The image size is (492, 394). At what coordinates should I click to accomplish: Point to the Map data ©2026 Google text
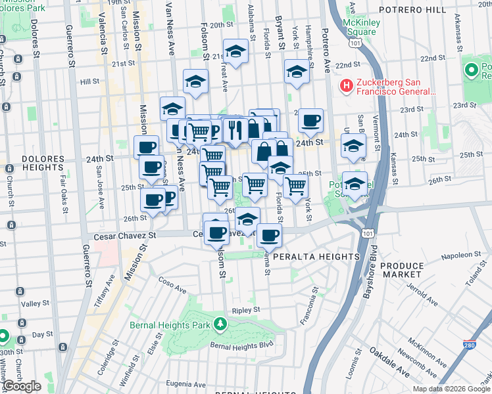pos(451,389)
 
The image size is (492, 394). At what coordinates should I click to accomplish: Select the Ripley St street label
pos(246,309)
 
